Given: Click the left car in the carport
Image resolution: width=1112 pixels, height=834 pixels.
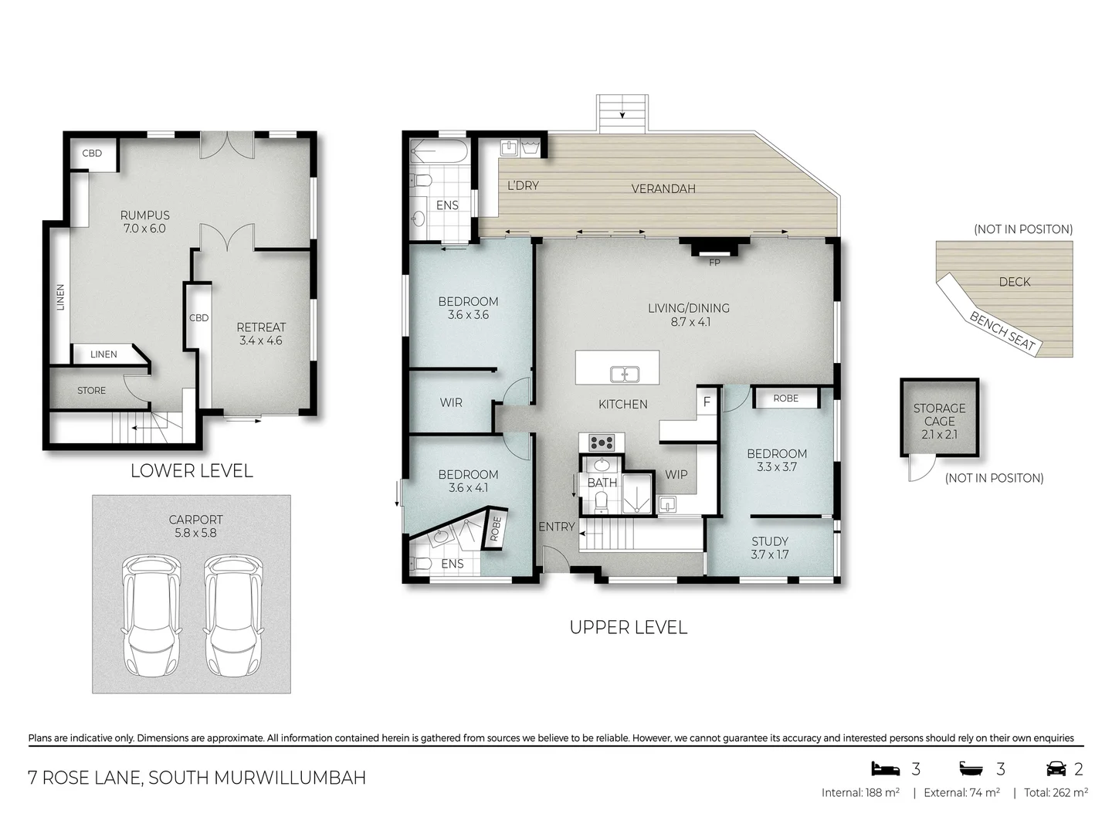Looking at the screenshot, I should click(x=151, y=615).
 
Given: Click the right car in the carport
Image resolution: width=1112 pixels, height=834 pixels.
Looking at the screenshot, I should click(x=232, y=615).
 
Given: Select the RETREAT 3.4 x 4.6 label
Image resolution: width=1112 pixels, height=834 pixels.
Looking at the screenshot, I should click(x=261, y=334).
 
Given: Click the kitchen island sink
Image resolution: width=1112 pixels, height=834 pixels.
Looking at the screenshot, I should click(x=624, y=375).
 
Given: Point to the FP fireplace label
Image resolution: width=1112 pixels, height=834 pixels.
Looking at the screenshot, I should click(x=714, y=263).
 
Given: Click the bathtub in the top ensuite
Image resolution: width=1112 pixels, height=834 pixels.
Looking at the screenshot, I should click(x=438, y=151).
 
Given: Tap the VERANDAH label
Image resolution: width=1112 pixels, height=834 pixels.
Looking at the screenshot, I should click(x=663, y=188).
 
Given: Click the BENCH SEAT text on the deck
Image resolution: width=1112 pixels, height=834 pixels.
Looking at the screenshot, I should click(x=1002, y=331).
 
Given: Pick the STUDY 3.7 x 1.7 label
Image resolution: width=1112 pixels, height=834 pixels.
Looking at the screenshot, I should click(x=769, y=548).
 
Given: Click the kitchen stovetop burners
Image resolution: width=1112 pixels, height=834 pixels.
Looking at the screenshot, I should click(x=602, y=442).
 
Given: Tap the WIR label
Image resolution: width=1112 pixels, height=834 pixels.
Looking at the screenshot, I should click(x=451, y=402).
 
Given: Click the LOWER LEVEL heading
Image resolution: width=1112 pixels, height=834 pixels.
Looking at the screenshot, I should click(x=192, y=470).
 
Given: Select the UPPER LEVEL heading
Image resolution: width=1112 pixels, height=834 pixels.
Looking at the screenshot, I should click(x=628, y=627).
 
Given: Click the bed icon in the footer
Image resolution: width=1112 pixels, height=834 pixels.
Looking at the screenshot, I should click(x=885, y=768).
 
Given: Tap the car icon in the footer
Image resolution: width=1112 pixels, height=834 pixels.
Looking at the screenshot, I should click(x=1056, y=768).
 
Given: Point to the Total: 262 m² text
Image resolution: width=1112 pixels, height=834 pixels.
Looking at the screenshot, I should click(x=1056, y=792).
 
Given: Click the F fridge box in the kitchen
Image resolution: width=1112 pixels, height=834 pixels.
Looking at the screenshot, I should click(x=707, y=402).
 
